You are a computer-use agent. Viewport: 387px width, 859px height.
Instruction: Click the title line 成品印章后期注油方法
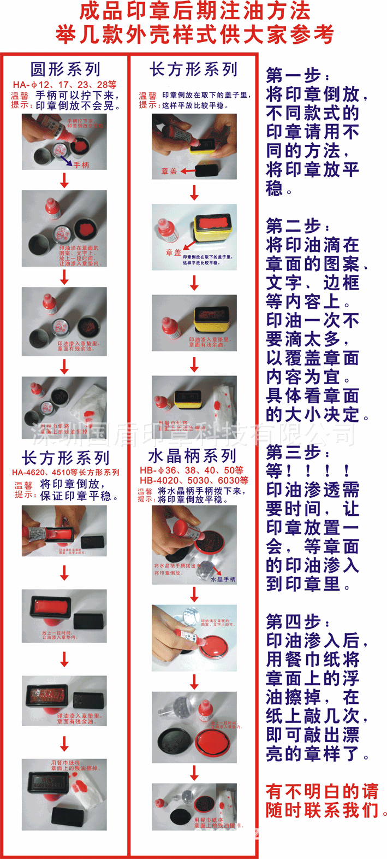pos(195,11)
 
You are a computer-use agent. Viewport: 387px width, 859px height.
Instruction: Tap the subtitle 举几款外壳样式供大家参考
pos(194,34)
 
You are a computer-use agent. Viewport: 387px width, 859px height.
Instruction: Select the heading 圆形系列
pos(65,69)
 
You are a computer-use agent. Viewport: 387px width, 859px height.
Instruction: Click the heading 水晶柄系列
pos(192,456)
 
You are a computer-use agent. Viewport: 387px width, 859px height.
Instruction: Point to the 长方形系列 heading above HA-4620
pos(66,458)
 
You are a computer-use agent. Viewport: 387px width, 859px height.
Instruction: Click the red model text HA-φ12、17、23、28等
pos(64,85)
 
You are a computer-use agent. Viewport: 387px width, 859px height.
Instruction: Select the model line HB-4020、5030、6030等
pos(194,480)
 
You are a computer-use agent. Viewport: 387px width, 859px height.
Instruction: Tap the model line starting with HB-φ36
pos(192,470)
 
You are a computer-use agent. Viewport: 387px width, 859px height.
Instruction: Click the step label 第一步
pos(297,75)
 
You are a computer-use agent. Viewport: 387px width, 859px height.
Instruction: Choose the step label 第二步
pos(297,226)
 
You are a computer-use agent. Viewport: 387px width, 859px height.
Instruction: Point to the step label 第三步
pos(297,452)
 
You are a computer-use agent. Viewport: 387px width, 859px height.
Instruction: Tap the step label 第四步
pos(297,621)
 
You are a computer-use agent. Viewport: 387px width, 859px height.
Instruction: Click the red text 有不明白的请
pos(322,791)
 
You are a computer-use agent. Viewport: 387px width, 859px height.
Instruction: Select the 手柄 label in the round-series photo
pos(81,164)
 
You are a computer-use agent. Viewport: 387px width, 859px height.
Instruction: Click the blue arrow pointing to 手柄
pos(66,159)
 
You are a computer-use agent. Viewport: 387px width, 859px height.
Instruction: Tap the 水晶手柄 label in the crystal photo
pos(223,579)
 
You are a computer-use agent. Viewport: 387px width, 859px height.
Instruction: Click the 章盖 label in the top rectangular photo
pos(169,171)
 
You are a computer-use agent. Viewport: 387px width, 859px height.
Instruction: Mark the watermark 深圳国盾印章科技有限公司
pos(193,434)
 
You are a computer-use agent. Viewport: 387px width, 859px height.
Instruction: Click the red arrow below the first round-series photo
pos(64,180)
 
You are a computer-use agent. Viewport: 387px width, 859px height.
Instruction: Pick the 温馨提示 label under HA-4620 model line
pos(23,490)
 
